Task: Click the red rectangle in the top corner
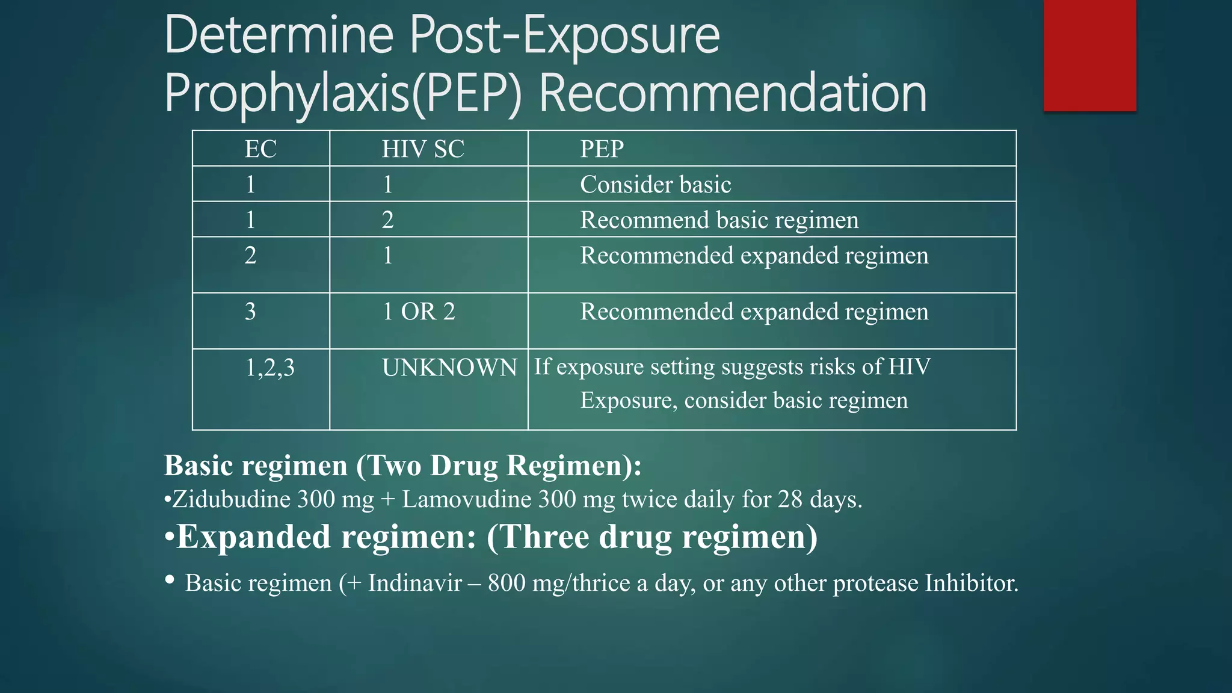[x=1089, y=55]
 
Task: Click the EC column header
[x=260, y=149]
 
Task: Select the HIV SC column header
[x=423, y=149]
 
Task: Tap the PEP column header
[x=602, y=149]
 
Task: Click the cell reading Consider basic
[x=655, y=185]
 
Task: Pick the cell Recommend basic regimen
[x=719, y=220]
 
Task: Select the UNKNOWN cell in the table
[x=449, y=368]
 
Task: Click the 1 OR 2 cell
[x=419, y=312]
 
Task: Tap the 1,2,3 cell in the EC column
[x=270, y=368]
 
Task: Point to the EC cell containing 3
[x=250, y=312]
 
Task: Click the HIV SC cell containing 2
[x=387, y=220]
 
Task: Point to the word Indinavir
[x=415, y=583]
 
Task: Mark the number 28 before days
[x=790, y=499]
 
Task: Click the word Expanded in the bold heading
[x=253, y=537]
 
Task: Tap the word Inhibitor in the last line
[x=972, y=583]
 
